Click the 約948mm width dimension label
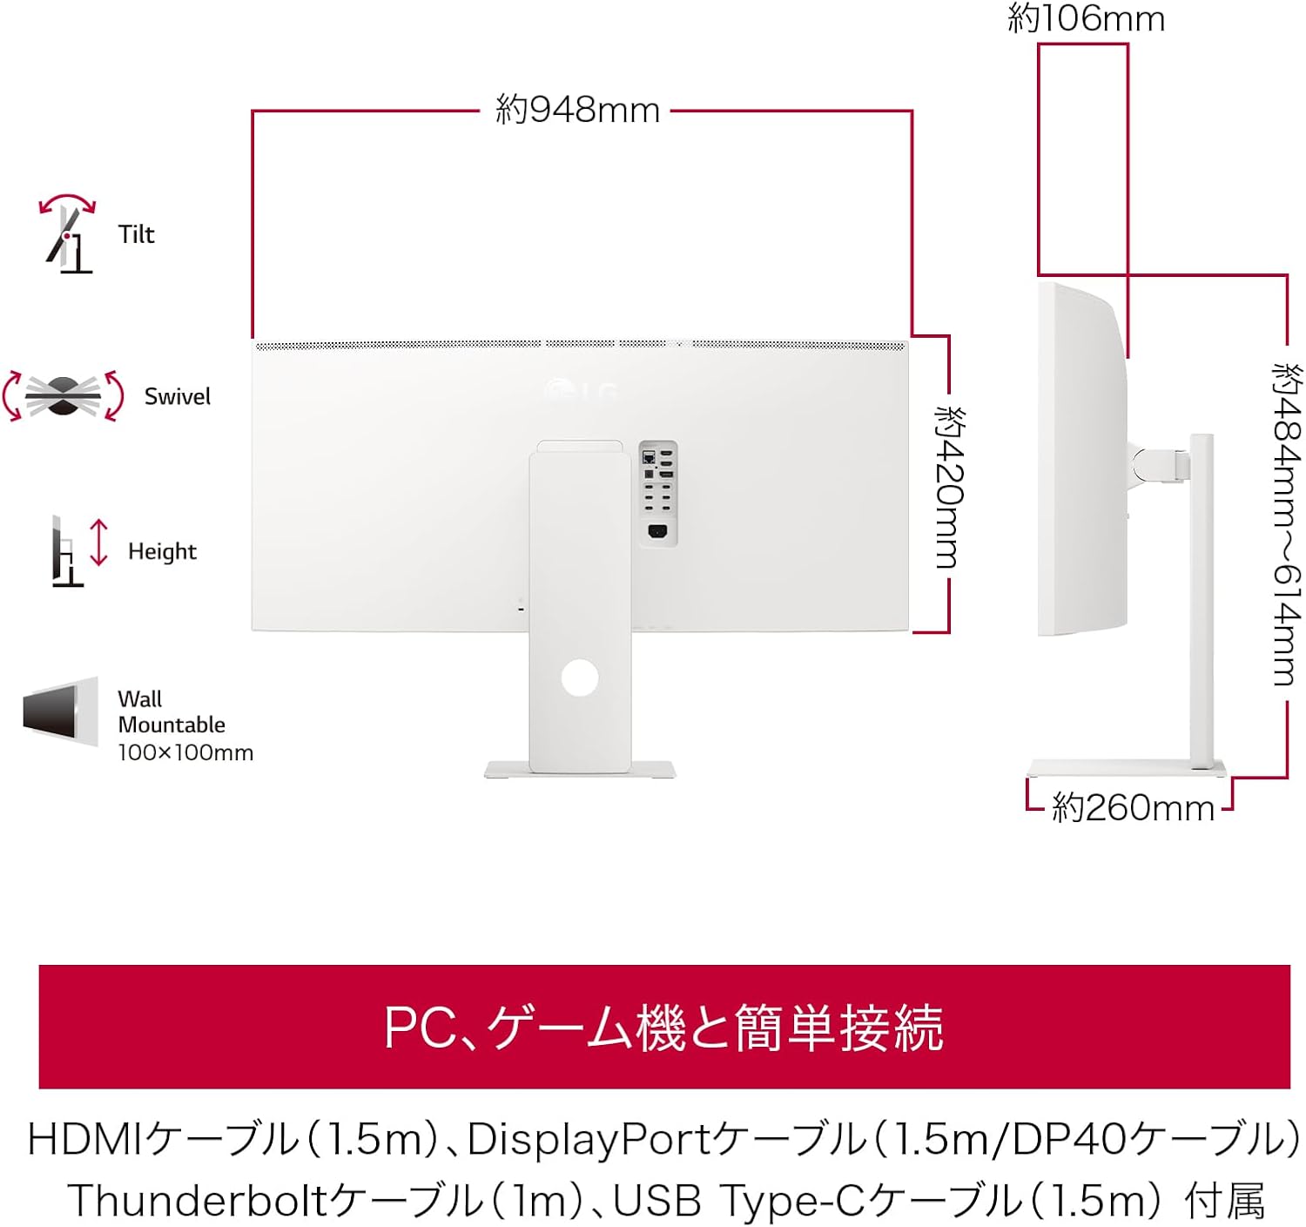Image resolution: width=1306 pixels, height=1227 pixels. pos(577,111)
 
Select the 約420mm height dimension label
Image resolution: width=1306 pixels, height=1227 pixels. pos(949,487)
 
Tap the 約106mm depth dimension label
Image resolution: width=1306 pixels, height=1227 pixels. pos(1086,18)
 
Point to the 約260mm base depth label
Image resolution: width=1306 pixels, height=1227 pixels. pos(1133,808)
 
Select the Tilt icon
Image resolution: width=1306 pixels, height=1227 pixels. pos(68,234)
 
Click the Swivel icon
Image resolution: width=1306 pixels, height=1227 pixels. pos(63,396)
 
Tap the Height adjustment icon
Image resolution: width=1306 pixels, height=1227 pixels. pos(79,551)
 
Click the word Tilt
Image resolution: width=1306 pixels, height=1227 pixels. pos(137,234)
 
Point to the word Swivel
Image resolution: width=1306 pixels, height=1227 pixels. pos(178,397)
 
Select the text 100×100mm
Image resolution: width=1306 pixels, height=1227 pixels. pos(185,752)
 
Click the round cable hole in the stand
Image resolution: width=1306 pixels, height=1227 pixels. pos(580,677)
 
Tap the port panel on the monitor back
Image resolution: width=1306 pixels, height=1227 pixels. pos(657,493)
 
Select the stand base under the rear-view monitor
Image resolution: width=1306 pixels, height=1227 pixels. pos(580,770)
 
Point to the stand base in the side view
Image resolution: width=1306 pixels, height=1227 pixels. pos(1127,768)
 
